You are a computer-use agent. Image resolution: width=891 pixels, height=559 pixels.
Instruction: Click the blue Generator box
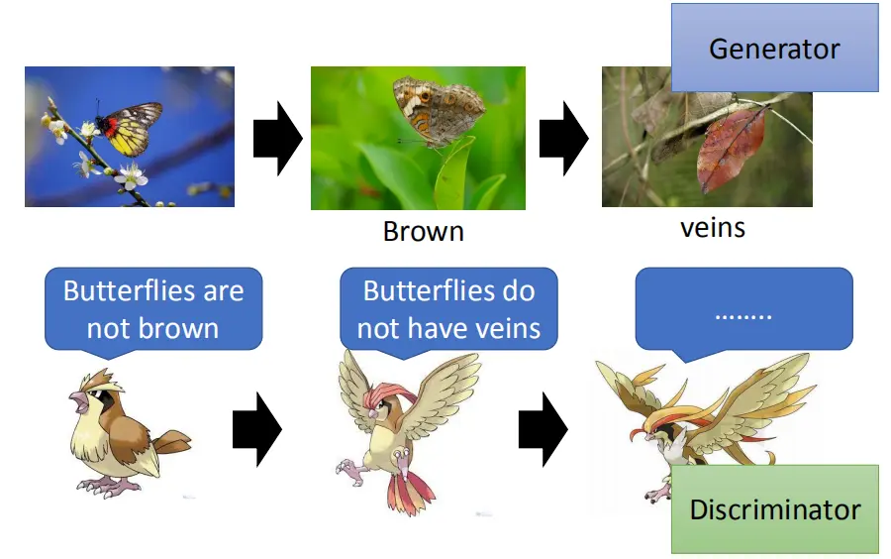(774, 48)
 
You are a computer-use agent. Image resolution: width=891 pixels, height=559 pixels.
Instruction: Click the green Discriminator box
(775, 509)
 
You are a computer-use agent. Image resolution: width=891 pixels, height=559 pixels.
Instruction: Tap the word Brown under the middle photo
(424, 232)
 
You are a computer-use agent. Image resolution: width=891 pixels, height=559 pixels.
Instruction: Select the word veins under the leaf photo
(713, 228)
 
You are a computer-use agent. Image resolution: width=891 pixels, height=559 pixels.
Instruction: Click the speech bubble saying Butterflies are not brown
(153, 310)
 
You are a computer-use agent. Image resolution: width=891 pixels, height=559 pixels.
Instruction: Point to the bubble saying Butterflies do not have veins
(448, 310)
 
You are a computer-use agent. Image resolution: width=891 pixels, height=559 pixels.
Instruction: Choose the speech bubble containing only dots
(743, 311)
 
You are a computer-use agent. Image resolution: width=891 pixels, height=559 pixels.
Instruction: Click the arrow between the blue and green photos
(277, 138)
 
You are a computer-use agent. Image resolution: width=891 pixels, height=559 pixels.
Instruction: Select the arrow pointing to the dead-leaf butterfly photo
(563, 138)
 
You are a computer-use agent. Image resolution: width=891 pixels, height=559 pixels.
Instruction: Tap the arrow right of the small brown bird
(256, 429)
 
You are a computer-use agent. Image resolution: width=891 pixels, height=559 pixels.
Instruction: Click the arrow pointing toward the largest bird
(544, 429)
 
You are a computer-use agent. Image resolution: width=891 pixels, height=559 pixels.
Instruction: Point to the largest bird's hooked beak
(639, 435)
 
